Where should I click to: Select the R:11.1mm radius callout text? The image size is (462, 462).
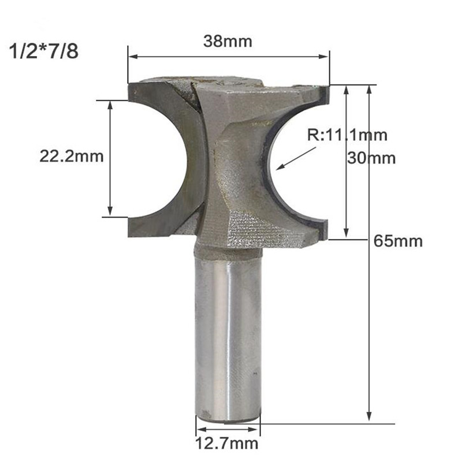(346, 136)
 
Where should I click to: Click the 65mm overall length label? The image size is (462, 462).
(398, 241)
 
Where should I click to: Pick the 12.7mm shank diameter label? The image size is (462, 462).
(226, 444)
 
